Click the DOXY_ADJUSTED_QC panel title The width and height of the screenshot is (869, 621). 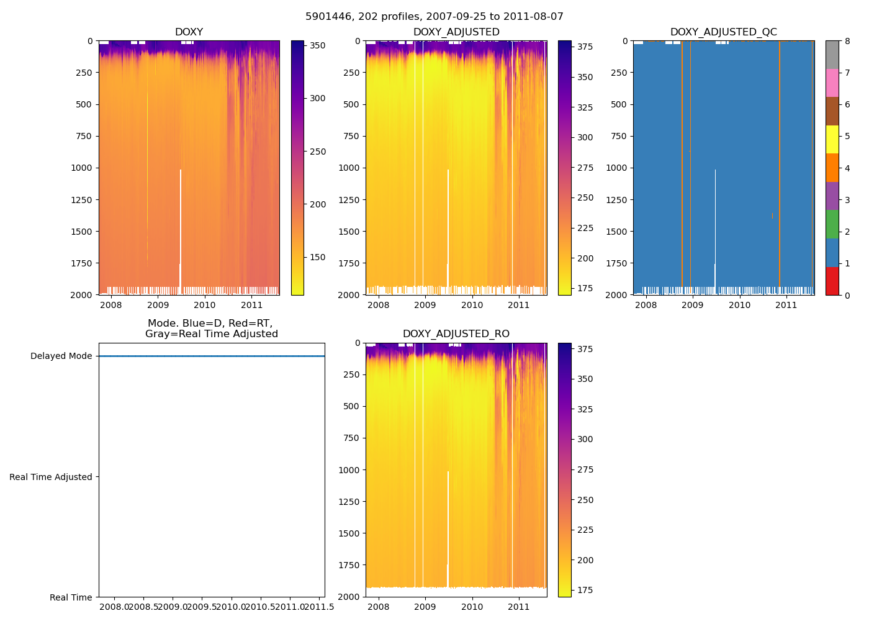coord(723,32)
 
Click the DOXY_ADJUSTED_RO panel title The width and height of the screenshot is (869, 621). coord(456,334)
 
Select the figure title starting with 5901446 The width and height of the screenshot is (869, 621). coord(434,17)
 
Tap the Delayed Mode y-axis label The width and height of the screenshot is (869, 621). coord(61,356)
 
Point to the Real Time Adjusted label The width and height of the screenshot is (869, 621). coord(50,477)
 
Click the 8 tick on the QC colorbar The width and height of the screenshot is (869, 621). coord(847,41)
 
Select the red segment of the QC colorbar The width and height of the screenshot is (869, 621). coord(832,281)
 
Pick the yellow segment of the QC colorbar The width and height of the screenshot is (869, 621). coord(832,139)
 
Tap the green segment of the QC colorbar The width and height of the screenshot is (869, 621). coord(832,224)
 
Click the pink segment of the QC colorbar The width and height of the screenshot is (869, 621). coord(832,83)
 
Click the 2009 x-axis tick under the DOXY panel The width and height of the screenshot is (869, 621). coord(158,305)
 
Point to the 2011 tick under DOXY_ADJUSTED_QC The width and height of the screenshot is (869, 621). coord(786,305)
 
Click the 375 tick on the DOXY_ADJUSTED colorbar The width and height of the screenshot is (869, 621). coord(585,47)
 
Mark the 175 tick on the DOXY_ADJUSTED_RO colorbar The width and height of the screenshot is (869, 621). coord(585,590)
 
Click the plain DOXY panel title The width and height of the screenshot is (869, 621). coord(189,32)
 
